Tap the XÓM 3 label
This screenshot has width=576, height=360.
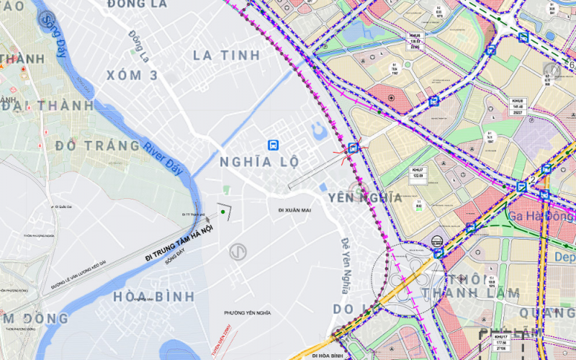pyautogui.click(x=132, y=76)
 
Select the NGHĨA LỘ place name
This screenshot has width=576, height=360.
pyautogui.click(x=260, y=162)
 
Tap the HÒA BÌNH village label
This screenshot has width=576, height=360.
pyautogui.click(x=154, y=296)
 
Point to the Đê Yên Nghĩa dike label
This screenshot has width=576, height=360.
pyautogui.click(x=345, y=266)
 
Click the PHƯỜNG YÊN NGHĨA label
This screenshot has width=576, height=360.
pyautogui.click(x=248, y=312)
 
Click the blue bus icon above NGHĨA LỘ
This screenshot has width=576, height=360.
pyautogui.click(x=273, y=145)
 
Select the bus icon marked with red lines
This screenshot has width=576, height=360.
pyautogui.click(x=353, y=148)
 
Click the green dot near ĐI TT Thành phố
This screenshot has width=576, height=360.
pyautogui.click(x=224, y=212)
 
